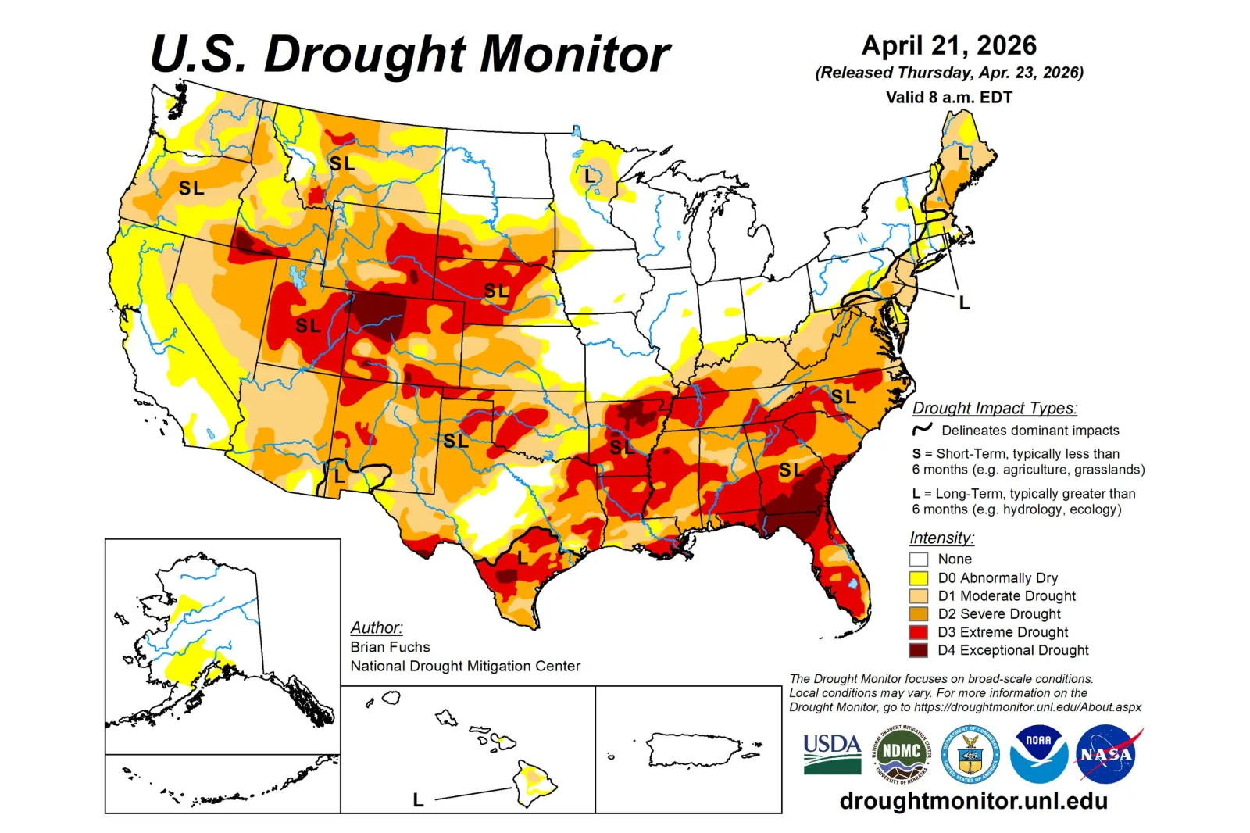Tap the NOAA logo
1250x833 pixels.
[1038, 754]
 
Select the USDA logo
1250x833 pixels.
[832, 753]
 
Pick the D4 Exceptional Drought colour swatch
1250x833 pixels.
[918, 650]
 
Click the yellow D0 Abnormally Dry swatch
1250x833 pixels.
[918, 578]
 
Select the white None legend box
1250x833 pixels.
[918, 560]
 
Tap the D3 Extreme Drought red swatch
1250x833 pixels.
[918, 632]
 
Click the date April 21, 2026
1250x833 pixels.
[948, 45]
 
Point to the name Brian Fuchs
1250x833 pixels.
[390, 647]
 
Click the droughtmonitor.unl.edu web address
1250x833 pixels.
[973, 801]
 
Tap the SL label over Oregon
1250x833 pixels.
[191, 188]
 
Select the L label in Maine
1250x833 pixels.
[962, 154]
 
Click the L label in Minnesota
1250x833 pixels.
[590, 177]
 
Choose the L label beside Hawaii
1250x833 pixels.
[418, 800]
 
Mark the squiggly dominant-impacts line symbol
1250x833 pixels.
[922, 430]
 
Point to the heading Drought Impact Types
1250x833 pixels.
[995, 408]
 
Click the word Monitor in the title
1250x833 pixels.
[574, 55]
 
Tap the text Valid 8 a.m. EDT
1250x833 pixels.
[948, 98]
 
